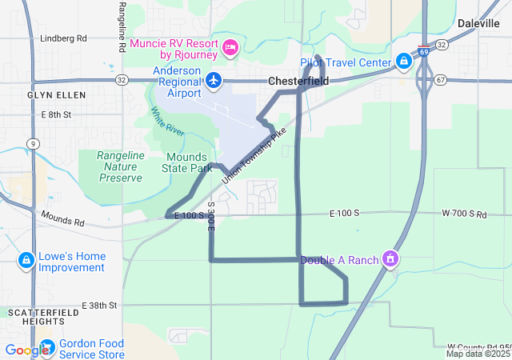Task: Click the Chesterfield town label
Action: [298, 81]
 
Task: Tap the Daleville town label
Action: [478, 24]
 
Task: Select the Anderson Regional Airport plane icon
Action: [213, 80]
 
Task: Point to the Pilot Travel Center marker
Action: [403, 62]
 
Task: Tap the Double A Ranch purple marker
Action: [390, 259]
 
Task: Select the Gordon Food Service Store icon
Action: [46, 346]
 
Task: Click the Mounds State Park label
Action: [187, 162]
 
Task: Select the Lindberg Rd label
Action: [63, 38]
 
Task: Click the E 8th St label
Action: [56, 115]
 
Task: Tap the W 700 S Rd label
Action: [464, 214]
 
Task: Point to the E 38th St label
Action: [100, 306]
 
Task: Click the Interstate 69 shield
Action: [422, 50]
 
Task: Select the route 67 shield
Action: [442, 80]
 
